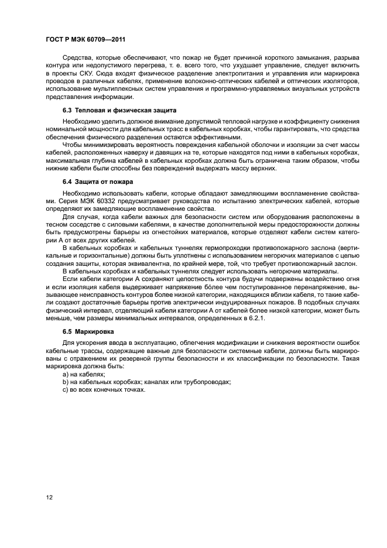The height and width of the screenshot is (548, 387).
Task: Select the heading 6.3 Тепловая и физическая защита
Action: point(111,110)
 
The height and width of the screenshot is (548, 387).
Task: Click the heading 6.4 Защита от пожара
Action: point(93,181)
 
